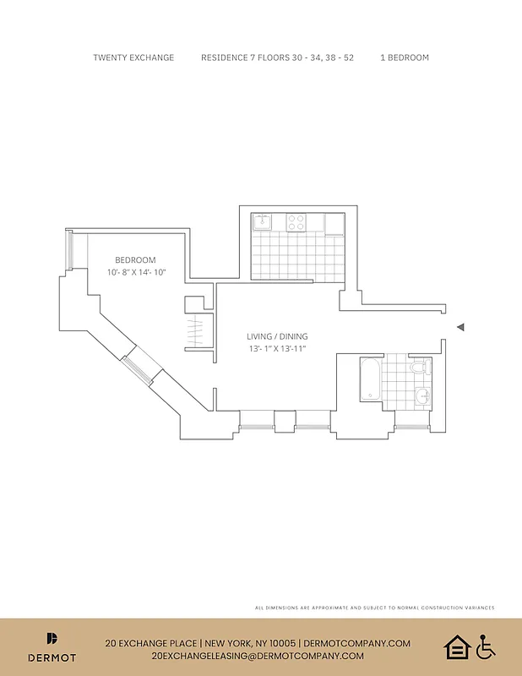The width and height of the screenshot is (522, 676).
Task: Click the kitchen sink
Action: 262,222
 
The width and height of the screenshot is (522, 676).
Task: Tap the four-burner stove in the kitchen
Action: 296,222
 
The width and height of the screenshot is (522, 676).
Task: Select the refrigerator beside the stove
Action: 334,223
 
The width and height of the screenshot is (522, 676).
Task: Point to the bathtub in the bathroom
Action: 369,381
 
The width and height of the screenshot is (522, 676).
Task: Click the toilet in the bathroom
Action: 416,368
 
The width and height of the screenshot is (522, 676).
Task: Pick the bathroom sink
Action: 422,394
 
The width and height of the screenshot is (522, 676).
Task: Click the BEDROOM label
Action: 135,260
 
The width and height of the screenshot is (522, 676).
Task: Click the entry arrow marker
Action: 460,327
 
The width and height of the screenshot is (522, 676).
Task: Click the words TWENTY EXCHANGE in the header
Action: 133,57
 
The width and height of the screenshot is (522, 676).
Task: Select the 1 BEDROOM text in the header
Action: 405,57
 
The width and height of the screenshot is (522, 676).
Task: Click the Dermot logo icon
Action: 52,638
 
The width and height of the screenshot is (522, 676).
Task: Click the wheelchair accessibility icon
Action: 485,647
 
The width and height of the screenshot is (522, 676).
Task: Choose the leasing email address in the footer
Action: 258,656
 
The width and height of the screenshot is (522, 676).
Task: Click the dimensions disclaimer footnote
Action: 374,608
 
